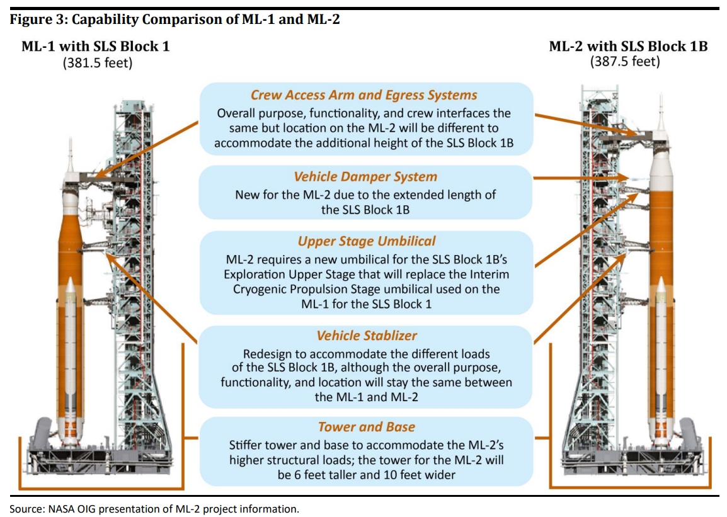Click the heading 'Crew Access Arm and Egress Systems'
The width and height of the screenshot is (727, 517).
coord(363,95)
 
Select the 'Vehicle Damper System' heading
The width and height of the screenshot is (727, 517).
coord(365,176)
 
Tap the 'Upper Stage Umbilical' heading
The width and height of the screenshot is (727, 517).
coord(367,241)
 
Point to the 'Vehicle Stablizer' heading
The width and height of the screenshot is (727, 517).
coord(366,336)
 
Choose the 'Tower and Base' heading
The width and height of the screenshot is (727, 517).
coord(366,427)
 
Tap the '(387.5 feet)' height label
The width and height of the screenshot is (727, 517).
coord(624,62)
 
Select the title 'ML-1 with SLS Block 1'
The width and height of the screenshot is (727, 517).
coord(96,47)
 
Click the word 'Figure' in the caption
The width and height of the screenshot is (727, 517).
coord(28,20)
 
